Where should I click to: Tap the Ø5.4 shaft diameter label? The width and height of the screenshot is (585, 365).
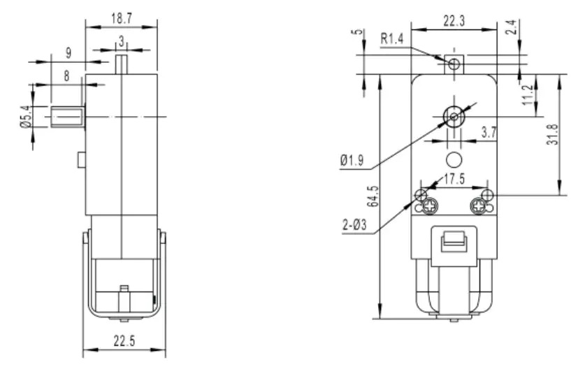(26, 116)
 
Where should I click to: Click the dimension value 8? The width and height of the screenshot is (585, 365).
(66, 76)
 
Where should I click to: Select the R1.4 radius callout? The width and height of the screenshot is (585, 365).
(392, 40)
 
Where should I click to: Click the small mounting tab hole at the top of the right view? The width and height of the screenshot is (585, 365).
(454, 64)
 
